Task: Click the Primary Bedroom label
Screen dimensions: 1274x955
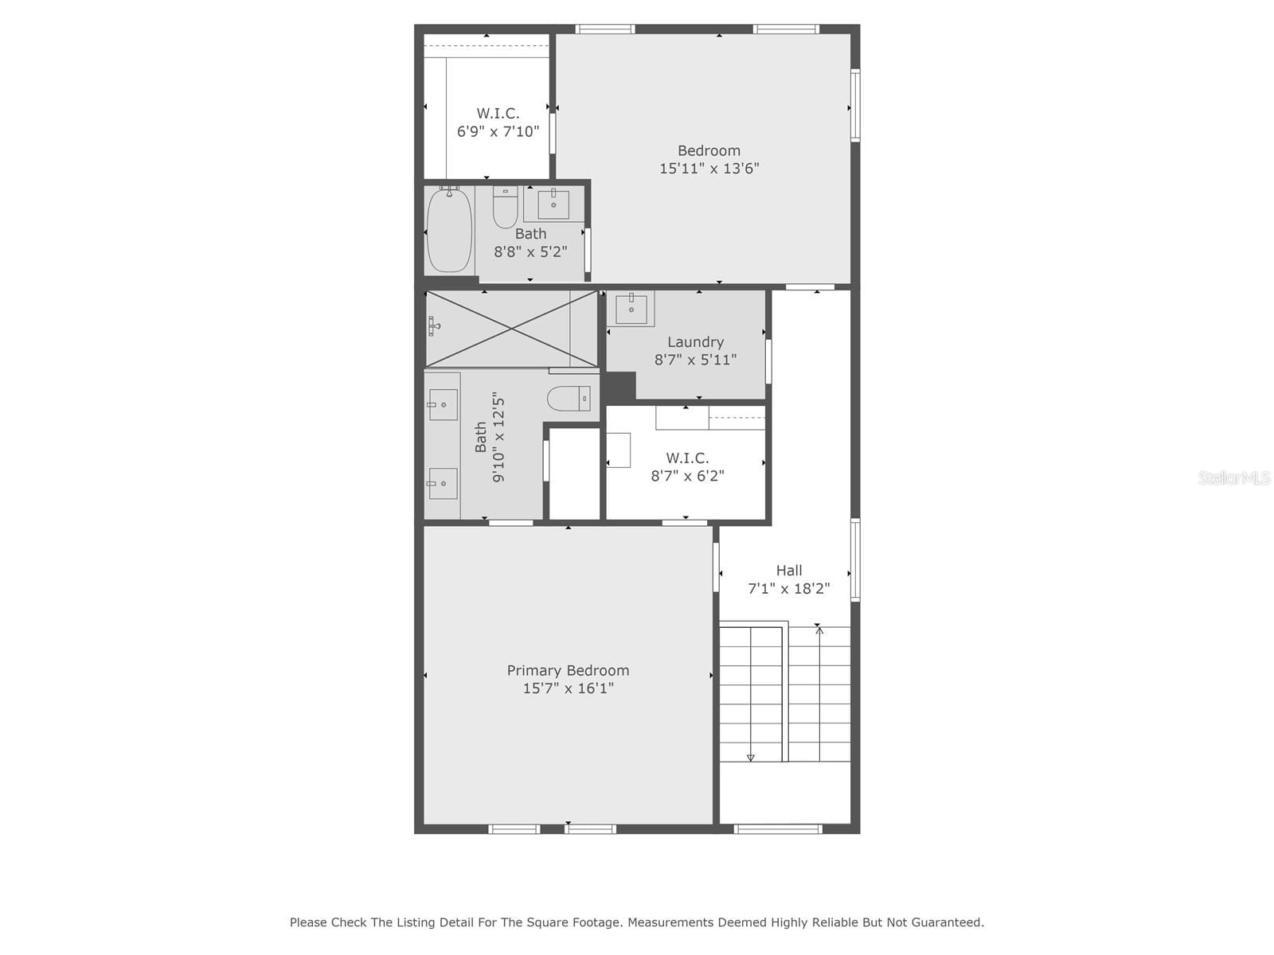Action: click(x=568, y=670)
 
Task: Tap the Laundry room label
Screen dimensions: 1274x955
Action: click(x=695, y=342)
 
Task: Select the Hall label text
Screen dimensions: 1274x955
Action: click(x=789, y=571)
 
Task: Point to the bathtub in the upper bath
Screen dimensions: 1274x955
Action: click(x=448, y=230)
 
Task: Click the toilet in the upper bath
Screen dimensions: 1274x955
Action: click(x=505, y=207)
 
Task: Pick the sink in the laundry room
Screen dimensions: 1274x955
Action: click(x=631, y=309)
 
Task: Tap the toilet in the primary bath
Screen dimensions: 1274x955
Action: click(x=569, y=399)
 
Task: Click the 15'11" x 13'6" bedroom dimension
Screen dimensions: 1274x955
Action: click(x=709, y=169)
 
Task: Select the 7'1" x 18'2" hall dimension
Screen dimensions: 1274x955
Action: click(x=789, y=589)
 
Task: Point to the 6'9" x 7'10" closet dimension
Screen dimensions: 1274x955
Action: click(x=498, y=131)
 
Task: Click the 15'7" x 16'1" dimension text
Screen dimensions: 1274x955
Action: click(x=569, y=688)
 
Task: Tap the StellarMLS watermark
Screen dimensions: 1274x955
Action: click(x=1234, y=477)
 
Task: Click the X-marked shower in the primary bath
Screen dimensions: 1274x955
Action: click(x=511, y=329)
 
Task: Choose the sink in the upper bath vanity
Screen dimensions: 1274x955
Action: click(x=553, y=204)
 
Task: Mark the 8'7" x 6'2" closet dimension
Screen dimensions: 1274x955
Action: click(x=688, y=476)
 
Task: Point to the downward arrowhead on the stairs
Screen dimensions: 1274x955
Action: click(x=751, y=758)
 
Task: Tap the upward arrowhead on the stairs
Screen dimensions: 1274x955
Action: click(x=819, y=630)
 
